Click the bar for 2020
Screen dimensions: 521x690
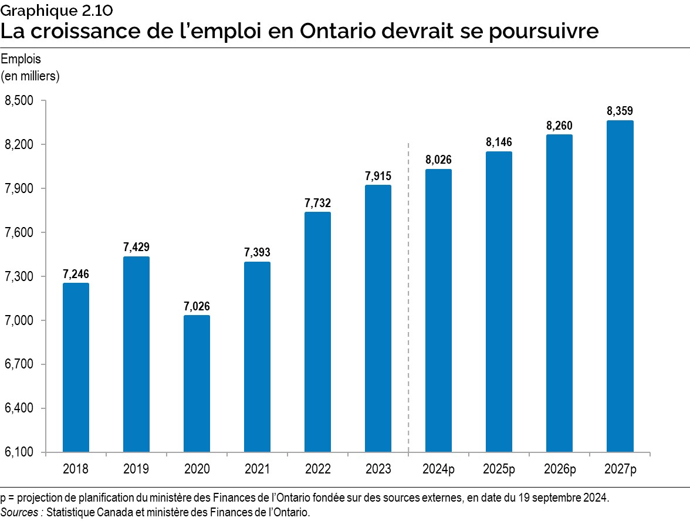pyautogui.click(x=197, y=384)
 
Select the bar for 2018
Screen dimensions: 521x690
pyautogui.click(x=76, y=367)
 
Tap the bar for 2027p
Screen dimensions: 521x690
pyautogui.click(x=620, y=286)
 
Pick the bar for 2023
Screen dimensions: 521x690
pyautogui.click(x=378, y=319)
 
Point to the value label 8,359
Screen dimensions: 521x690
pyautogui.click(x=620, y=111)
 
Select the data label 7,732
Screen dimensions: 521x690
pyautogui.click(x=317, y=203)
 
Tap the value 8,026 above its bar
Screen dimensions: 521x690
pyautogui.click(x=438, y=160)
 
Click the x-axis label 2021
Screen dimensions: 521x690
pyautogui.click(x=257, y=469)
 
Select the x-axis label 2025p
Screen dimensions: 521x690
pyautogui.click(x=499, y=469)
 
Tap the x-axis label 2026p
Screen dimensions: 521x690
pyautogui.click(x=559, y=469)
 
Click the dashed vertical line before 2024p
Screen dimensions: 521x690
pyautogui.click(x=408, y=293)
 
